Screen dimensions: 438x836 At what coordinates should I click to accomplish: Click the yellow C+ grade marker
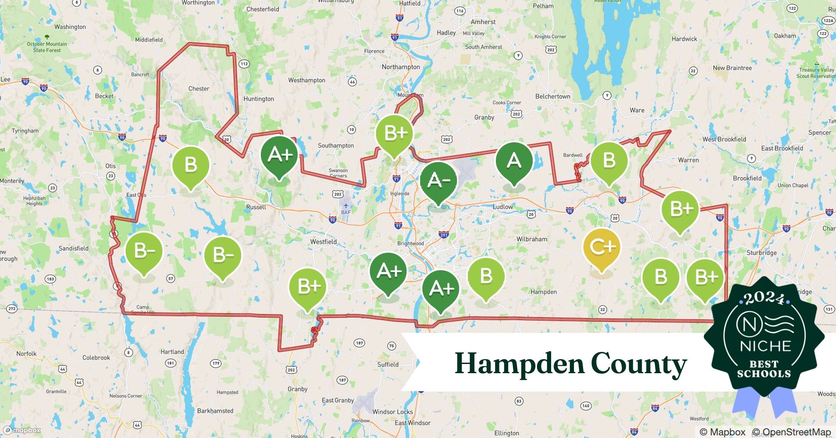[x=602, y=247]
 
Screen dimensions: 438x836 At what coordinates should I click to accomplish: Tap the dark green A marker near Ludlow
[x=514, y=161]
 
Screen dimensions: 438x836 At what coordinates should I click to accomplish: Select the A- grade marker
[x=438, y=180]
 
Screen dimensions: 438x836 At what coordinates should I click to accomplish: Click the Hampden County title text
[x=570, y=364]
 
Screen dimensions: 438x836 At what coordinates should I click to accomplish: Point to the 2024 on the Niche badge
[x=764, y=299]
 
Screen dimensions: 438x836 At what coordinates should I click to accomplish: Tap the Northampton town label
[x=400, y=67]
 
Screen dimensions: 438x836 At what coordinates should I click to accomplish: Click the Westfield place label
[x=323, y=242]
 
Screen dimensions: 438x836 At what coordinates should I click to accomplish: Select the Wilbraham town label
[x=532, y=239]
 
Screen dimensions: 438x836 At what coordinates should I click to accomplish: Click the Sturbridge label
[x=761, y=253]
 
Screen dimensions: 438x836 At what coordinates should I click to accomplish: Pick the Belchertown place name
[x=552, y=96]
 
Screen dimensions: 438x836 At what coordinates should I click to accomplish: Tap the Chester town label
[x=199, y=88]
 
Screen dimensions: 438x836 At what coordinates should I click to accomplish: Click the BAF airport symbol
[x=346, y=206]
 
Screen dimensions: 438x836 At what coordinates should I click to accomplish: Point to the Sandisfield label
[x=74, y=248]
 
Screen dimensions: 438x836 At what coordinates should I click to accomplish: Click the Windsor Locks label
[x=392, y=412]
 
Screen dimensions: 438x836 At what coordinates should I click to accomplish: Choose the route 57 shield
[x=171, y=279]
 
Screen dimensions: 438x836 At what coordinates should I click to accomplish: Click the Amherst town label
[x=483, y=22]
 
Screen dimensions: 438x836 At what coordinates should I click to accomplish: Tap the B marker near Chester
[x=190, y=165]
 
